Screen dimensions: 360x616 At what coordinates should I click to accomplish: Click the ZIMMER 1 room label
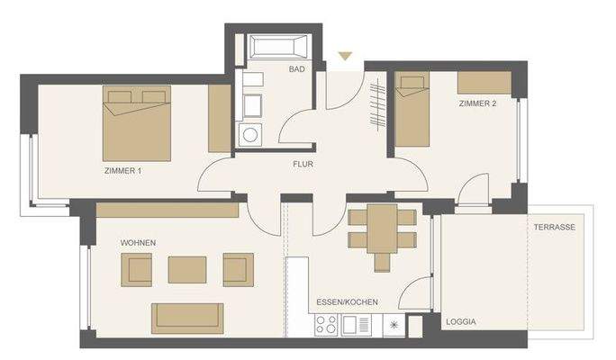[122, 170]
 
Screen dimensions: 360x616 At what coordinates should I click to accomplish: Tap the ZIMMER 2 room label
[477, 104]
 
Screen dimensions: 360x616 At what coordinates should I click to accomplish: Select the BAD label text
[295, 69]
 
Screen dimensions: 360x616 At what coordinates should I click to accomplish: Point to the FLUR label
[302, 165]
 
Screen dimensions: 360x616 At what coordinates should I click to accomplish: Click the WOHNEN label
[138, 244]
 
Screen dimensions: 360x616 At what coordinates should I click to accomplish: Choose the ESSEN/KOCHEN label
[347, 302]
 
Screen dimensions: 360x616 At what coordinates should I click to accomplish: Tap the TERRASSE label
[554, 228]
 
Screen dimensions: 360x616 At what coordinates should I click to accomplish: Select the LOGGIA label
[460, 321]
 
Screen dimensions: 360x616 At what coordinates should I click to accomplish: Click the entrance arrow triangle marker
[344, 57]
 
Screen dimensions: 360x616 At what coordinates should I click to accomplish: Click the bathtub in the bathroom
[278, 48]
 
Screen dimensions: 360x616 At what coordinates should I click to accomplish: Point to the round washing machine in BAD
[249, 136]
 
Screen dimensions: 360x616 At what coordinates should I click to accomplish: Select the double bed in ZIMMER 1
[137, 122]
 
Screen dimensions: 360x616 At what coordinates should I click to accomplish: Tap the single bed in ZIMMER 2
[412, 111]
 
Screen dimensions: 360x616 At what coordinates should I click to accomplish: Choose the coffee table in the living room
[187, 268]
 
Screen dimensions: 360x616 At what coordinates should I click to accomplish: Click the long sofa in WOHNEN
[187, 317]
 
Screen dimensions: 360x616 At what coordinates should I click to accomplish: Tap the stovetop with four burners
[325, 324]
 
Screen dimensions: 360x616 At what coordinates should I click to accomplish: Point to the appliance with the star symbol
[394, 324]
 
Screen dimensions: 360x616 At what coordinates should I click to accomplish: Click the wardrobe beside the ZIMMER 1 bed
[219, 119]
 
